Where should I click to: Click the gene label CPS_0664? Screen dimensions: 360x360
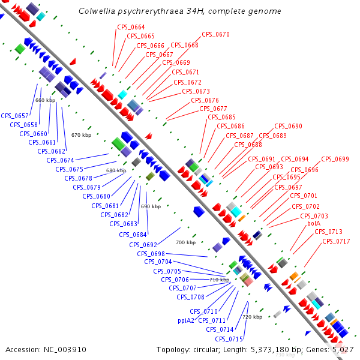[x=131, y=27]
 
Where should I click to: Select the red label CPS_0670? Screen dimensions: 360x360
[x=215, y=35]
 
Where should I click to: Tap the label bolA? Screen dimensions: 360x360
[x=314, y=223]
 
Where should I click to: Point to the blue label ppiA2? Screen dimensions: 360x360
[x=186, y=320]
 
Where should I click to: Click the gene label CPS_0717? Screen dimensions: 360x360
[x=336, y=241]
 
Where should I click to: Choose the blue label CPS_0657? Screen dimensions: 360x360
[x=15, y=116]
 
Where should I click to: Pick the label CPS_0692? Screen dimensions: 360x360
[x=143, y=245]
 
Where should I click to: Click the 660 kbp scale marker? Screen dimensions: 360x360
[x=45, y=100]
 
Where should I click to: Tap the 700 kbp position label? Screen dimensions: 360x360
[x=185, y=242]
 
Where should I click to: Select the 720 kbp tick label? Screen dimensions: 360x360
[x=252, y=317]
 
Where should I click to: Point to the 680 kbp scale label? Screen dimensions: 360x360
[x=116, y=171]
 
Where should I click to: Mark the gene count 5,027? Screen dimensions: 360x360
[x=342, y=349]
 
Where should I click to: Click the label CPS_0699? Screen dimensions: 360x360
[x=335, y=159]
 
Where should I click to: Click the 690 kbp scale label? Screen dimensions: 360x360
[x=151, y=206]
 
